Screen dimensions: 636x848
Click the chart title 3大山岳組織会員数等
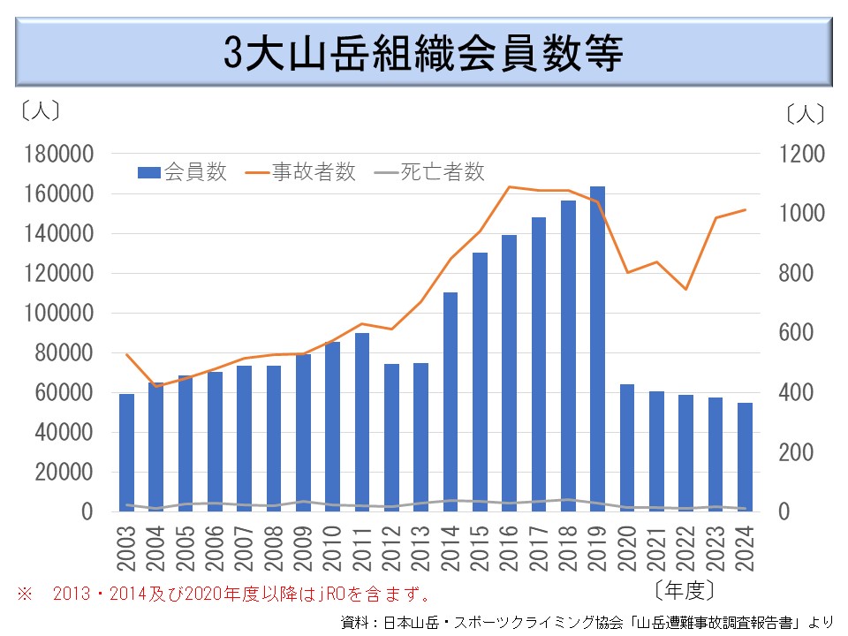(x=423, y=53)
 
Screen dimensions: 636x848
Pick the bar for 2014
(x=450, y=402)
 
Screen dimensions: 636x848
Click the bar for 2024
(x=745, y=457)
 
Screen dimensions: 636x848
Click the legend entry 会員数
(x=184, y=172)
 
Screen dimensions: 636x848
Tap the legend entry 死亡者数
(x=431, y=172)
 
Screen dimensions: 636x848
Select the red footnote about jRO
(x=225, y=591)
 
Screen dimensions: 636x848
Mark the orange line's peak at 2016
(x=510, y=186)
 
